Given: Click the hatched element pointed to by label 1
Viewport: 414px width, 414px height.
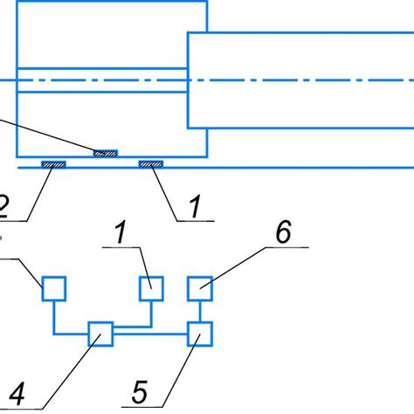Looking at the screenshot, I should point(150,162).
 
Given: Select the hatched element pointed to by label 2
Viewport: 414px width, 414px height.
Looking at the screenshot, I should point(52,162).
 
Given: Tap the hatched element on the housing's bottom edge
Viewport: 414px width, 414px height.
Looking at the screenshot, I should point(105,153).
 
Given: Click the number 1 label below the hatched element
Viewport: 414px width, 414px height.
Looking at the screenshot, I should point(195,206).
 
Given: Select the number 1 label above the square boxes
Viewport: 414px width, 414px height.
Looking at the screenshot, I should point(119,232).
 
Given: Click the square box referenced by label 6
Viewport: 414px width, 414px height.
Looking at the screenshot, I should point(200,287).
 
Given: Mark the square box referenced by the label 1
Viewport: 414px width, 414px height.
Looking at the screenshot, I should point(151,287).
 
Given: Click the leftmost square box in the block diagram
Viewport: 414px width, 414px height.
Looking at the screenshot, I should point(54,287).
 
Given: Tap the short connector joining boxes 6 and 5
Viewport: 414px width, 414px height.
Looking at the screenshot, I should point(200,310).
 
